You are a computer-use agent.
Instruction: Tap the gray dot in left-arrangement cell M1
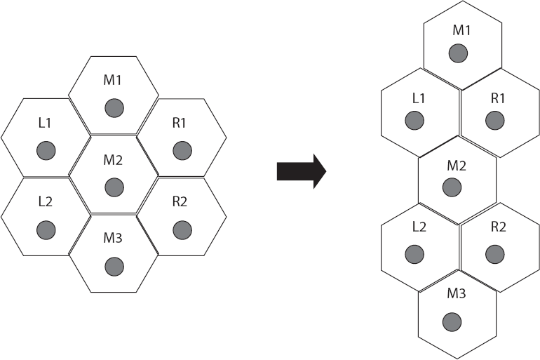pyautogui.click(x=114, y=108)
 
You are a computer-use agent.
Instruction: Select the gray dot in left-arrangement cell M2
pyautogui.click(x=114, y=187)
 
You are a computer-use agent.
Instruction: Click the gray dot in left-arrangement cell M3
pyautogui.click(x=114, y=267)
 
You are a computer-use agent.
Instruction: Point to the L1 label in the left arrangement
pyautogui.click(x=46, y=123)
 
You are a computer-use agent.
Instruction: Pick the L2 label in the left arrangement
pyautogui.click(x=46, y=202)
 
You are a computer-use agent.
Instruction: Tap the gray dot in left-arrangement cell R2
pyautogui.click(x=181, y=229)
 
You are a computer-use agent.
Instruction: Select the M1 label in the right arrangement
pyautogui.click(x=461, y=30)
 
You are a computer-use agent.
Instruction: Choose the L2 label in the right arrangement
pyautogui.click(x=419, y=227)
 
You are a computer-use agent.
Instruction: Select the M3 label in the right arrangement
pyautogui.click(x=457, y=293)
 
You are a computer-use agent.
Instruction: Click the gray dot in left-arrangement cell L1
pyautogui.click(x=46, y=149)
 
